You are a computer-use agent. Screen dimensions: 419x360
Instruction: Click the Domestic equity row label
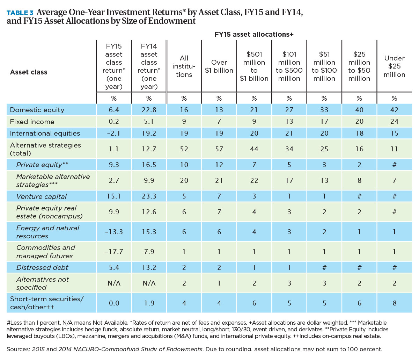[x=37, y=110]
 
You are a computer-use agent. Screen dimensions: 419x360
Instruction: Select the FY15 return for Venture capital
[x=114, y=196]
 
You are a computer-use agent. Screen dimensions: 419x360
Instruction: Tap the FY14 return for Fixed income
[x=149, y=121]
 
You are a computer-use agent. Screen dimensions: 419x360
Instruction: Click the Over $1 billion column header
[x=219, y=66]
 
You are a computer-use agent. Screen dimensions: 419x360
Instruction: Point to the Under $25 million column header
[x=394, y=66]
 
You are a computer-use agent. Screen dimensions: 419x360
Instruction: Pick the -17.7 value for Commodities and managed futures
[x=114, y=252]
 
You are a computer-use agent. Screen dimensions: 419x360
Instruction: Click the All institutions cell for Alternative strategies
[x=184, y=149]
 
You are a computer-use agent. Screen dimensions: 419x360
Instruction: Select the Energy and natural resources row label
[x=47, y=232]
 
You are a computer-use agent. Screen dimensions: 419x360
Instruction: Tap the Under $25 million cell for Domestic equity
[x=394, y=110]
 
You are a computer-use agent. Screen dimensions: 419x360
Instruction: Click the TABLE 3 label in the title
[x=20, y=13]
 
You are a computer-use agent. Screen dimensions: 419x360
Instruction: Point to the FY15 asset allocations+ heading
[x=254, y=34]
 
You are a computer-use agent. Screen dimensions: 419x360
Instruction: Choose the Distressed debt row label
[x=42, y=267]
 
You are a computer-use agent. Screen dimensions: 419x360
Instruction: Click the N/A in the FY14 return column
[x=149, y=283]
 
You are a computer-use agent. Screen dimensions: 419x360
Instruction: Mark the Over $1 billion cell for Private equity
[x=219, y=165]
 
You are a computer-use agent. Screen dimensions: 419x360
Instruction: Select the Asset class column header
[x=29, y=72]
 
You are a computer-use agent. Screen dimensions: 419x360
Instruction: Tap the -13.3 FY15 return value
[x=114, y=232]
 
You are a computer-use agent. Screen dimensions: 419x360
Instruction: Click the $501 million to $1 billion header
[x=254, y=66]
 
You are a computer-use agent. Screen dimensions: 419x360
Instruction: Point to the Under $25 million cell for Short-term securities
[x=395, y=303]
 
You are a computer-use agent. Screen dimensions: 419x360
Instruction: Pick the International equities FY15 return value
[x=114, y=133]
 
